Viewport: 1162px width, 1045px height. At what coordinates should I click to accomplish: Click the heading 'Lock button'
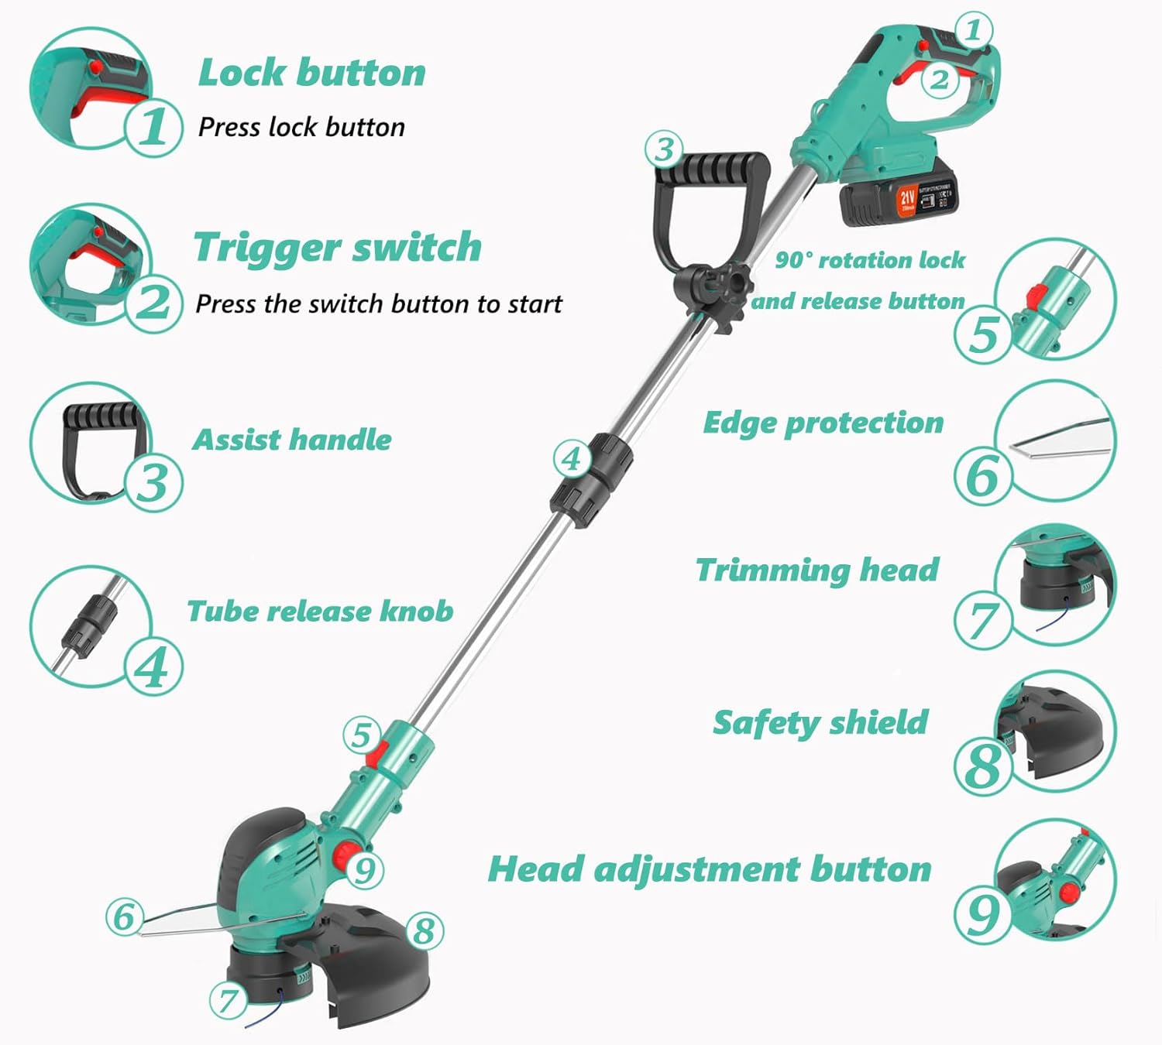[x=311, y=74]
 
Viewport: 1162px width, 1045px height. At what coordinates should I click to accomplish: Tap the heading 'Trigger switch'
[x=337, y=248]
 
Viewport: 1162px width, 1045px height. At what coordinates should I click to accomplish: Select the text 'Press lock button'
[x=301, y=128]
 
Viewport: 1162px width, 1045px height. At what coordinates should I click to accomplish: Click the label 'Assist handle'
[x=292, y=440]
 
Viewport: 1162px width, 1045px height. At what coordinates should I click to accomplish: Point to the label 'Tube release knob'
[x=320, y=612]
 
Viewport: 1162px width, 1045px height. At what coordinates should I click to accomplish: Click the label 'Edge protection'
[x=823, y=423]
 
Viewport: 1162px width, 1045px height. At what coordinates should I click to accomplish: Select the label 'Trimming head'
[x=817, y=570]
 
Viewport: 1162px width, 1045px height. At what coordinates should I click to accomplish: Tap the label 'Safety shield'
[x=820, y=723]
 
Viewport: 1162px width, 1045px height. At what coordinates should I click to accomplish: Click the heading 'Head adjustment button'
[x=709, y=869]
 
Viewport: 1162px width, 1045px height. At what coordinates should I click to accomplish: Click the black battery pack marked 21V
[x=899, y=199]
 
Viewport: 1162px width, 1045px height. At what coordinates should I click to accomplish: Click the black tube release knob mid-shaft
[x=593, y=480]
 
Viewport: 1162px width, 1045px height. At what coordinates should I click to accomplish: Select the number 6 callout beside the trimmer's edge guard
[x=125, y=917]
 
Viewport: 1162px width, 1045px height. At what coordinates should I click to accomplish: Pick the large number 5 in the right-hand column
[x=983, y=334]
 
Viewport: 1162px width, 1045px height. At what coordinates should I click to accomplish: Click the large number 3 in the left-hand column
[x=153, y=483]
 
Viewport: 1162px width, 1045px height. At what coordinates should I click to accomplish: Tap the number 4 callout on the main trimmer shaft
[x=572, y=459]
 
